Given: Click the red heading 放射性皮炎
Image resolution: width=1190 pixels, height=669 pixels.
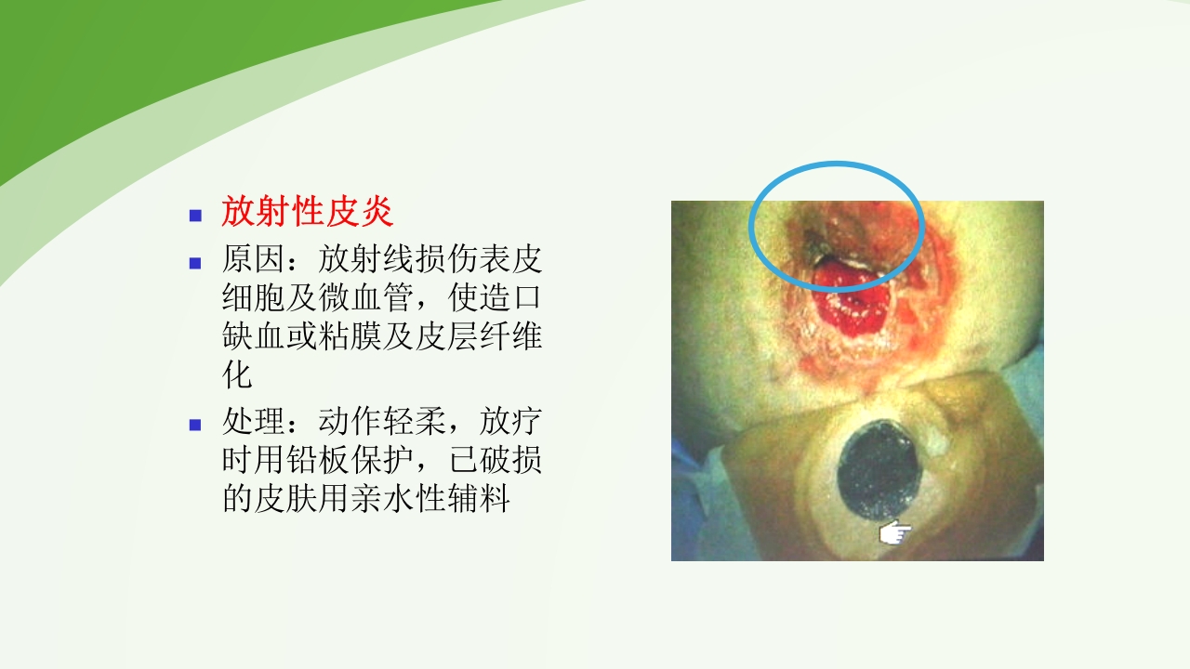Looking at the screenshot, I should click(x=308, y=213).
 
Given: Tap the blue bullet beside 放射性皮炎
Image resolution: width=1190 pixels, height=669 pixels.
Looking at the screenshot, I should click(x=195, y=215).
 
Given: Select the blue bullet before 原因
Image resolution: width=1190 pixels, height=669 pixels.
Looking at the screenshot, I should click(x=195, y=262).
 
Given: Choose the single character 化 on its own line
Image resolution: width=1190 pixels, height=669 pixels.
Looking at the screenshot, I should click(x=237, y=376).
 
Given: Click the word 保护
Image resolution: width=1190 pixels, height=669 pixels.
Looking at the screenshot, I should click(x=381, y=461).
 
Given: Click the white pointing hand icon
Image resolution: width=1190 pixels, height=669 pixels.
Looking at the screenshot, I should click(x=895, y=532).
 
